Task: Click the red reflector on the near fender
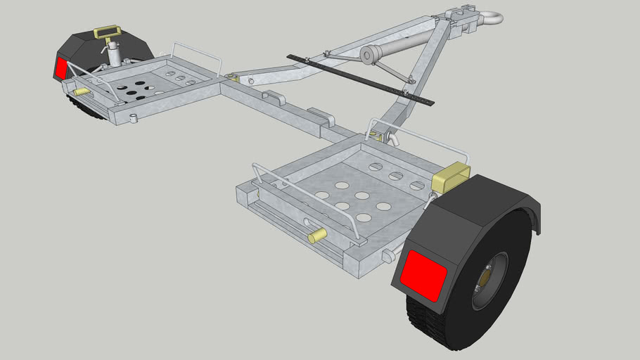coord(423,275)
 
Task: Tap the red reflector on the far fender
coord(61,67)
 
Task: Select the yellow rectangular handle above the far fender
coord(107,32)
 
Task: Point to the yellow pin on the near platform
coord(317,236)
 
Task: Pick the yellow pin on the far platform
coord(82,91)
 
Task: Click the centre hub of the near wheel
coord(487,280)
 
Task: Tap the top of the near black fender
coord(485,193)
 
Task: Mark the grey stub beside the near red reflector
coord(387,257)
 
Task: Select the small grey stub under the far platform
coord(133,119)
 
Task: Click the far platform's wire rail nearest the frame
coord(197,53)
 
